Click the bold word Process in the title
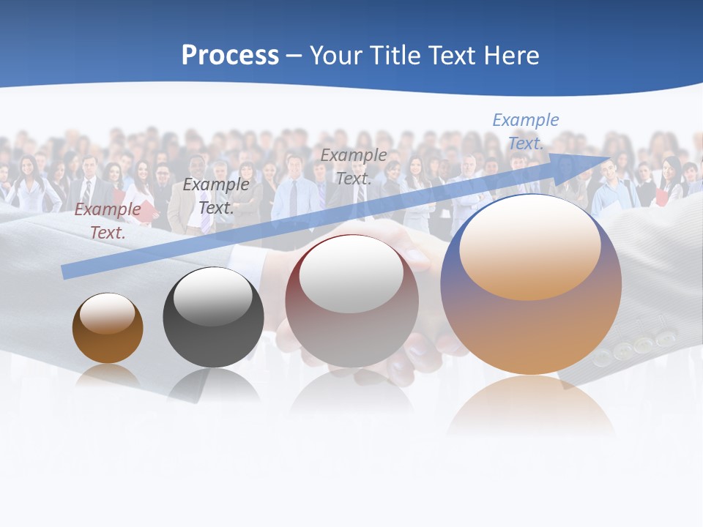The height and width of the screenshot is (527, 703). [230, 56]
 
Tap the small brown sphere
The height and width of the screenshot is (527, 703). [108, 328]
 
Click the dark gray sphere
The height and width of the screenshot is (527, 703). [213, 318]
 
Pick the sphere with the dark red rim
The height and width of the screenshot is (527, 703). [351, 302]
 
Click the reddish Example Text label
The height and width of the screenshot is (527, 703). [108, 221]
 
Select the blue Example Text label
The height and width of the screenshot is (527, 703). [526, 132]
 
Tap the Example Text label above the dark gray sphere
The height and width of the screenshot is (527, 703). [216, 196]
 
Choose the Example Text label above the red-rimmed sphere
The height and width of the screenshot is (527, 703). [354, 167]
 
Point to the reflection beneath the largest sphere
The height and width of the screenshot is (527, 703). [531, 406]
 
